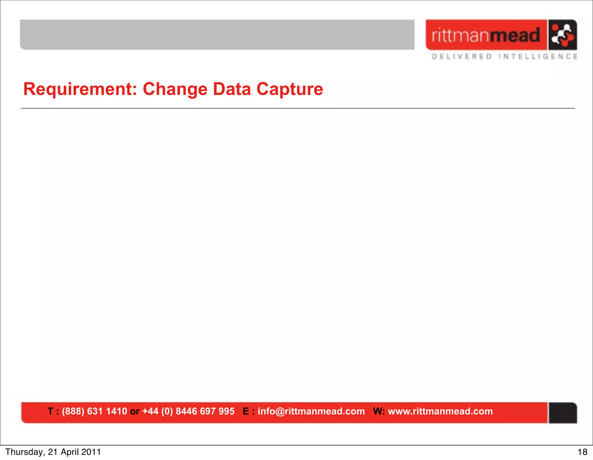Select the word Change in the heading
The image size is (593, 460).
tap(175, 89)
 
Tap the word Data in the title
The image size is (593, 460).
tap(232, 89)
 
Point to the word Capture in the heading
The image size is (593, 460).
tap(290, 89)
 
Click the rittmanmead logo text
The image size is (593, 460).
tap(486, 35)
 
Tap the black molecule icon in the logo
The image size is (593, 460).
tap(562, 35)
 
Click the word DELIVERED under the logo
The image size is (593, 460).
tap(462, 57)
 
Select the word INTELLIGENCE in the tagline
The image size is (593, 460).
tap(538, 57)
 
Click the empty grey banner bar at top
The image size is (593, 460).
tap(217, 34)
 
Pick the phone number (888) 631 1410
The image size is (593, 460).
tap(94, 411)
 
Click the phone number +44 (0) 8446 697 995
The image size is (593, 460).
tap(188, 411)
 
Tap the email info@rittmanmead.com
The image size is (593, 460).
tap(311, 411)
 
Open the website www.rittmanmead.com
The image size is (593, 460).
tap(440, 411)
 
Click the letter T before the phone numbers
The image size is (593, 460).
tap(50, 411)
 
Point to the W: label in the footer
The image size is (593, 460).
tap(379, 411)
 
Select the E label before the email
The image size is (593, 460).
tap(246, 411)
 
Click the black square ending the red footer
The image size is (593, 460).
tap(563, 413)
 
